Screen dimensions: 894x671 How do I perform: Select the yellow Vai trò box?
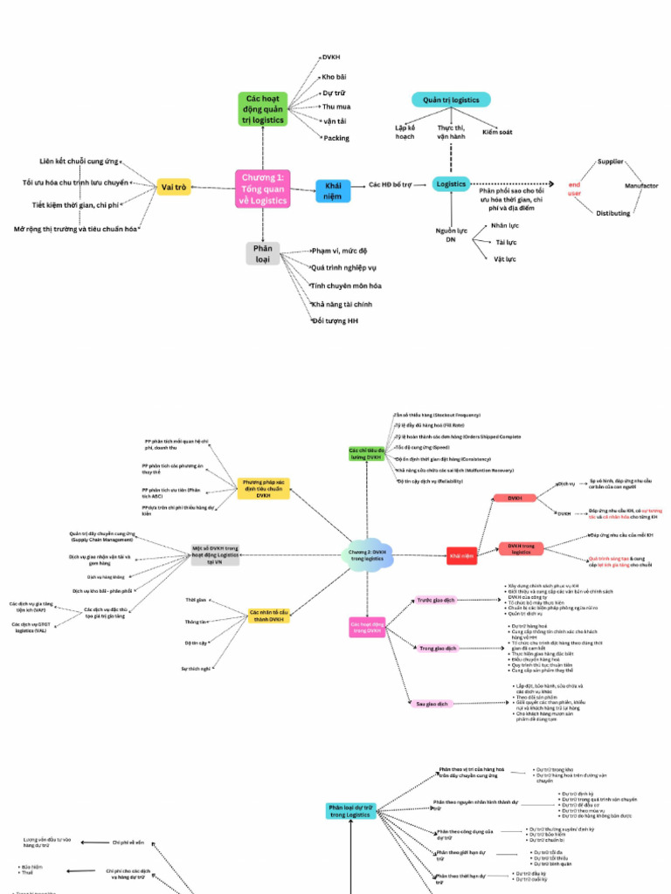tap(174, 187)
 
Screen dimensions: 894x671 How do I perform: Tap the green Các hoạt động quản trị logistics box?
tap(263, 109)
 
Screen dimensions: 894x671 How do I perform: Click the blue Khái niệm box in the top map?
tap(333, 191)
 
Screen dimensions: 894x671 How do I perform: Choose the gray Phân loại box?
tap(263, 254)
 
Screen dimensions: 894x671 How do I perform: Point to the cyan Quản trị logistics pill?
tap(451, 100)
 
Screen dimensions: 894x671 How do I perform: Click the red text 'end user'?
tap(574, 189)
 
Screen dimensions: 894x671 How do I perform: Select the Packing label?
tap(336, 138)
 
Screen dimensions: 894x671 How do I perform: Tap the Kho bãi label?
tap(334, 77)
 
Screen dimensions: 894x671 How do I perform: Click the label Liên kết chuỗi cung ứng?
tap(78, 162)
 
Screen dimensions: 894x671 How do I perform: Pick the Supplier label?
tap(610, 162)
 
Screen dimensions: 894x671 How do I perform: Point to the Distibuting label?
tap(613, 213)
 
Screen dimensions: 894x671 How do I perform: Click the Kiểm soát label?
tap(496, 133)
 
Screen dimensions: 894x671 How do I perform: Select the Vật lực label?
tap(504, 258)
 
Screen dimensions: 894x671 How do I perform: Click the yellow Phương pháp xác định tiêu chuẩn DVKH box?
tap(263, 488)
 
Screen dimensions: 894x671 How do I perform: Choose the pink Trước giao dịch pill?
tap(435, 600)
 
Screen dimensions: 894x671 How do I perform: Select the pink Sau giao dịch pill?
tap(432, 704)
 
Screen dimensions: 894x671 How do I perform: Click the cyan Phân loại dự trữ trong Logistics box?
tap(350, 812)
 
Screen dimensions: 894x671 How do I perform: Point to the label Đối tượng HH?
tap(335, 322)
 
